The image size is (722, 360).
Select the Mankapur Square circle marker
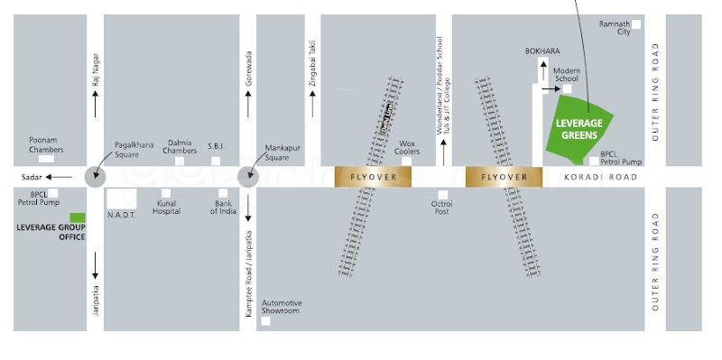click(248, 177)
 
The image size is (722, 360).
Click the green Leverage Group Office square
click(78, 218)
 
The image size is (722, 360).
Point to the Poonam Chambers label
click(45, 144)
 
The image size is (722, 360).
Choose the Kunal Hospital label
click(166, 208)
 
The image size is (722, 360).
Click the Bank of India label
click(224, 208)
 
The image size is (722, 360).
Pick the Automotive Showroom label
click(282, 307)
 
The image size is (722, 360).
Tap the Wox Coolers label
click(407, 147)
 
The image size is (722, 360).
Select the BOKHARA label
click(542, 51)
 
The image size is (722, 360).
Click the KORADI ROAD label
click(600, 178)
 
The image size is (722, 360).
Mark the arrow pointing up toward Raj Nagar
click(95, 106)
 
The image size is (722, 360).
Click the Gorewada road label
click(248, 73)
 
